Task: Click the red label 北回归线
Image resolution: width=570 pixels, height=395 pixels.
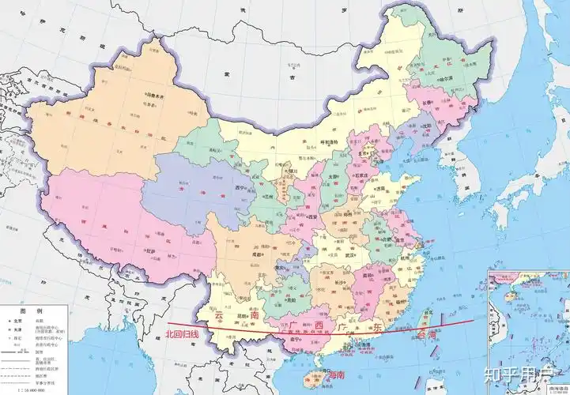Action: point(187,334)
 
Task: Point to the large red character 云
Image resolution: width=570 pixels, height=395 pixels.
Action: point(220,315)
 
